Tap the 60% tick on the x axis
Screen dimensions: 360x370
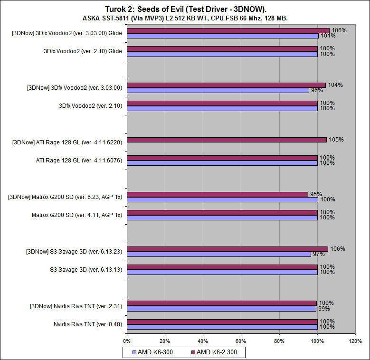tap(241, 341)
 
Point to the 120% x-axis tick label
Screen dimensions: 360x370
tap(355, 341)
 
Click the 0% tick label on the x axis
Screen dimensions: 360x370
tap(127, 341)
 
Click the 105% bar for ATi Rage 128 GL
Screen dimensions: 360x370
tap(227, 140)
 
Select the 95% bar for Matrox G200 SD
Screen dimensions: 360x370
tap(217, 194)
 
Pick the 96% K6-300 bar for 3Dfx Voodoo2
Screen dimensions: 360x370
tap(218, 90)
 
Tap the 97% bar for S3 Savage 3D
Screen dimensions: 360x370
tap(219, 254)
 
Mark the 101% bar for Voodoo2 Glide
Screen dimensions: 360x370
tap(223, 36)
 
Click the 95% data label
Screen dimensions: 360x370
tap(315, 194)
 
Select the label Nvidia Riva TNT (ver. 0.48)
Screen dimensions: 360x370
tap(88, 324)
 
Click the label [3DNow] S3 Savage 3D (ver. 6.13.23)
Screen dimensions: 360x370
tap(74, 251)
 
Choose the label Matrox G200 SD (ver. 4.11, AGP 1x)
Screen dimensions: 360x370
tap(77, 215)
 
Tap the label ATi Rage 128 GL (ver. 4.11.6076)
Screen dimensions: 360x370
tap(79, 161)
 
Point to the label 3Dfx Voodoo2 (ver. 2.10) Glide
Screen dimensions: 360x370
tap(83, 51)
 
